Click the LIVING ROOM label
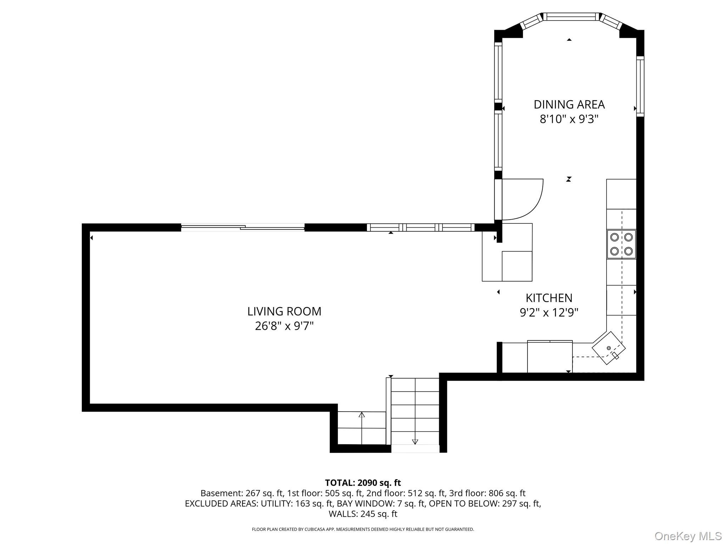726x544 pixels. pos(284,311)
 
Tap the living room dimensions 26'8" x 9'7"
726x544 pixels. pos(284,326)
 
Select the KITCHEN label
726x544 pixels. pos(549,298)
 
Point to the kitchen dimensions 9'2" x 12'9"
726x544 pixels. pos(549,312)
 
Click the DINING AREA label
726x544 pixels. pos(569,104)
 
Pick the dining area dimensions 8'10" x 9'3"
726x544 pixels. pos(569,119)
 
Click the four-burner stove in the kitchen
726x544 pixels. pos(621,244)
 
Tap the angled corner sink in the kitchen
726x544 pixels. pos(609,348)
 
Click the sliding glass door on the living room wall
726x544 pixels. pos(243,227)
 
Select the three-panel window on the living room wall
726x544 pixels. pos(420,227)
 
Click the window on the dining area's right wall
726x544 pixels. pos(640,86)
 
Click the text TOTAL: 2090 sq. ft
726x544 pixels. pos(363,483)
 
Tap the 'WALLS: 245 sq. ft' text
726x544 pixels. pos(363,514)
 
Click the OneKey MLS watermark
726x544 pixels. pos(688,536)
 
